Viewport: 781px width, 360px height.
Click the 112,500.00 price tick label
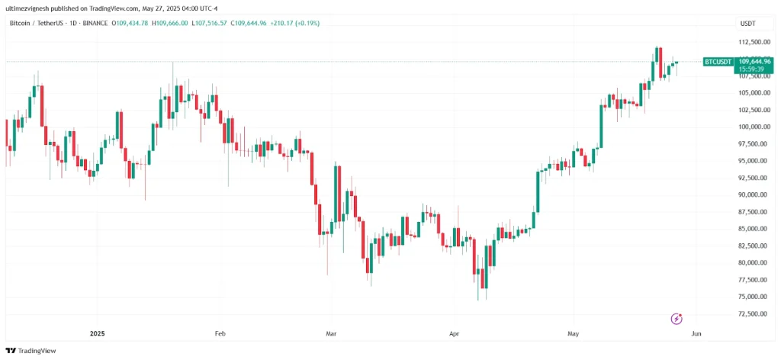click(x=754, y=42)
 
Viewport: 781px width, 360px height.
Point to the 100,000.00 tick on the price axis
click(x=754, y=127)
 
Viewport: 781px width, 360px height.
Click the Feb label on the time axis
click(x=220, y=333)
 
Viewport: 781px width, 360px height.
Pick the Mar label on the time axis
click(x=331, y=333)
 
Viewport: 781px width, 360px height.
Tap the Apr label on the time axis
click(x=455, y=333)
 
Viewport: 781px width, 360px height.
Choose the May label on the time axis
click(x=574, y=333)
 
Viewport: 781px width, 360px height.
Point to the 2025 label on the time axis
click(x=97, y=333)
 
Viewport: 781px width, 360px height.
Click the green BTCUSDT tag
click(x=718, y=61)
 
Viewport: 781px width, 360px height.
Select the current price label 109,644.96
click(x=753, y=61)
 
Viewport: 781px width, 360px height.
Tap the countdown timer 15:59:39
click(x=750, y=69)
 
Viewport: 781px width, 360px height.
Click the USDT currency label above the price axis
click(x=747, y=24)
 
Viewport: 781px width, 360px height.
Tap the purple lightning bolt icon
click(x=676, y=319)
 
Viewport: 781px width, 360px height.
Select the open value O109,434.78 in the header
click(x=130, y=24)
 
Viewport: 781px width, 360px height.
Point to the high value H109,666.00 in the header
click(x=170, y=24)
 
